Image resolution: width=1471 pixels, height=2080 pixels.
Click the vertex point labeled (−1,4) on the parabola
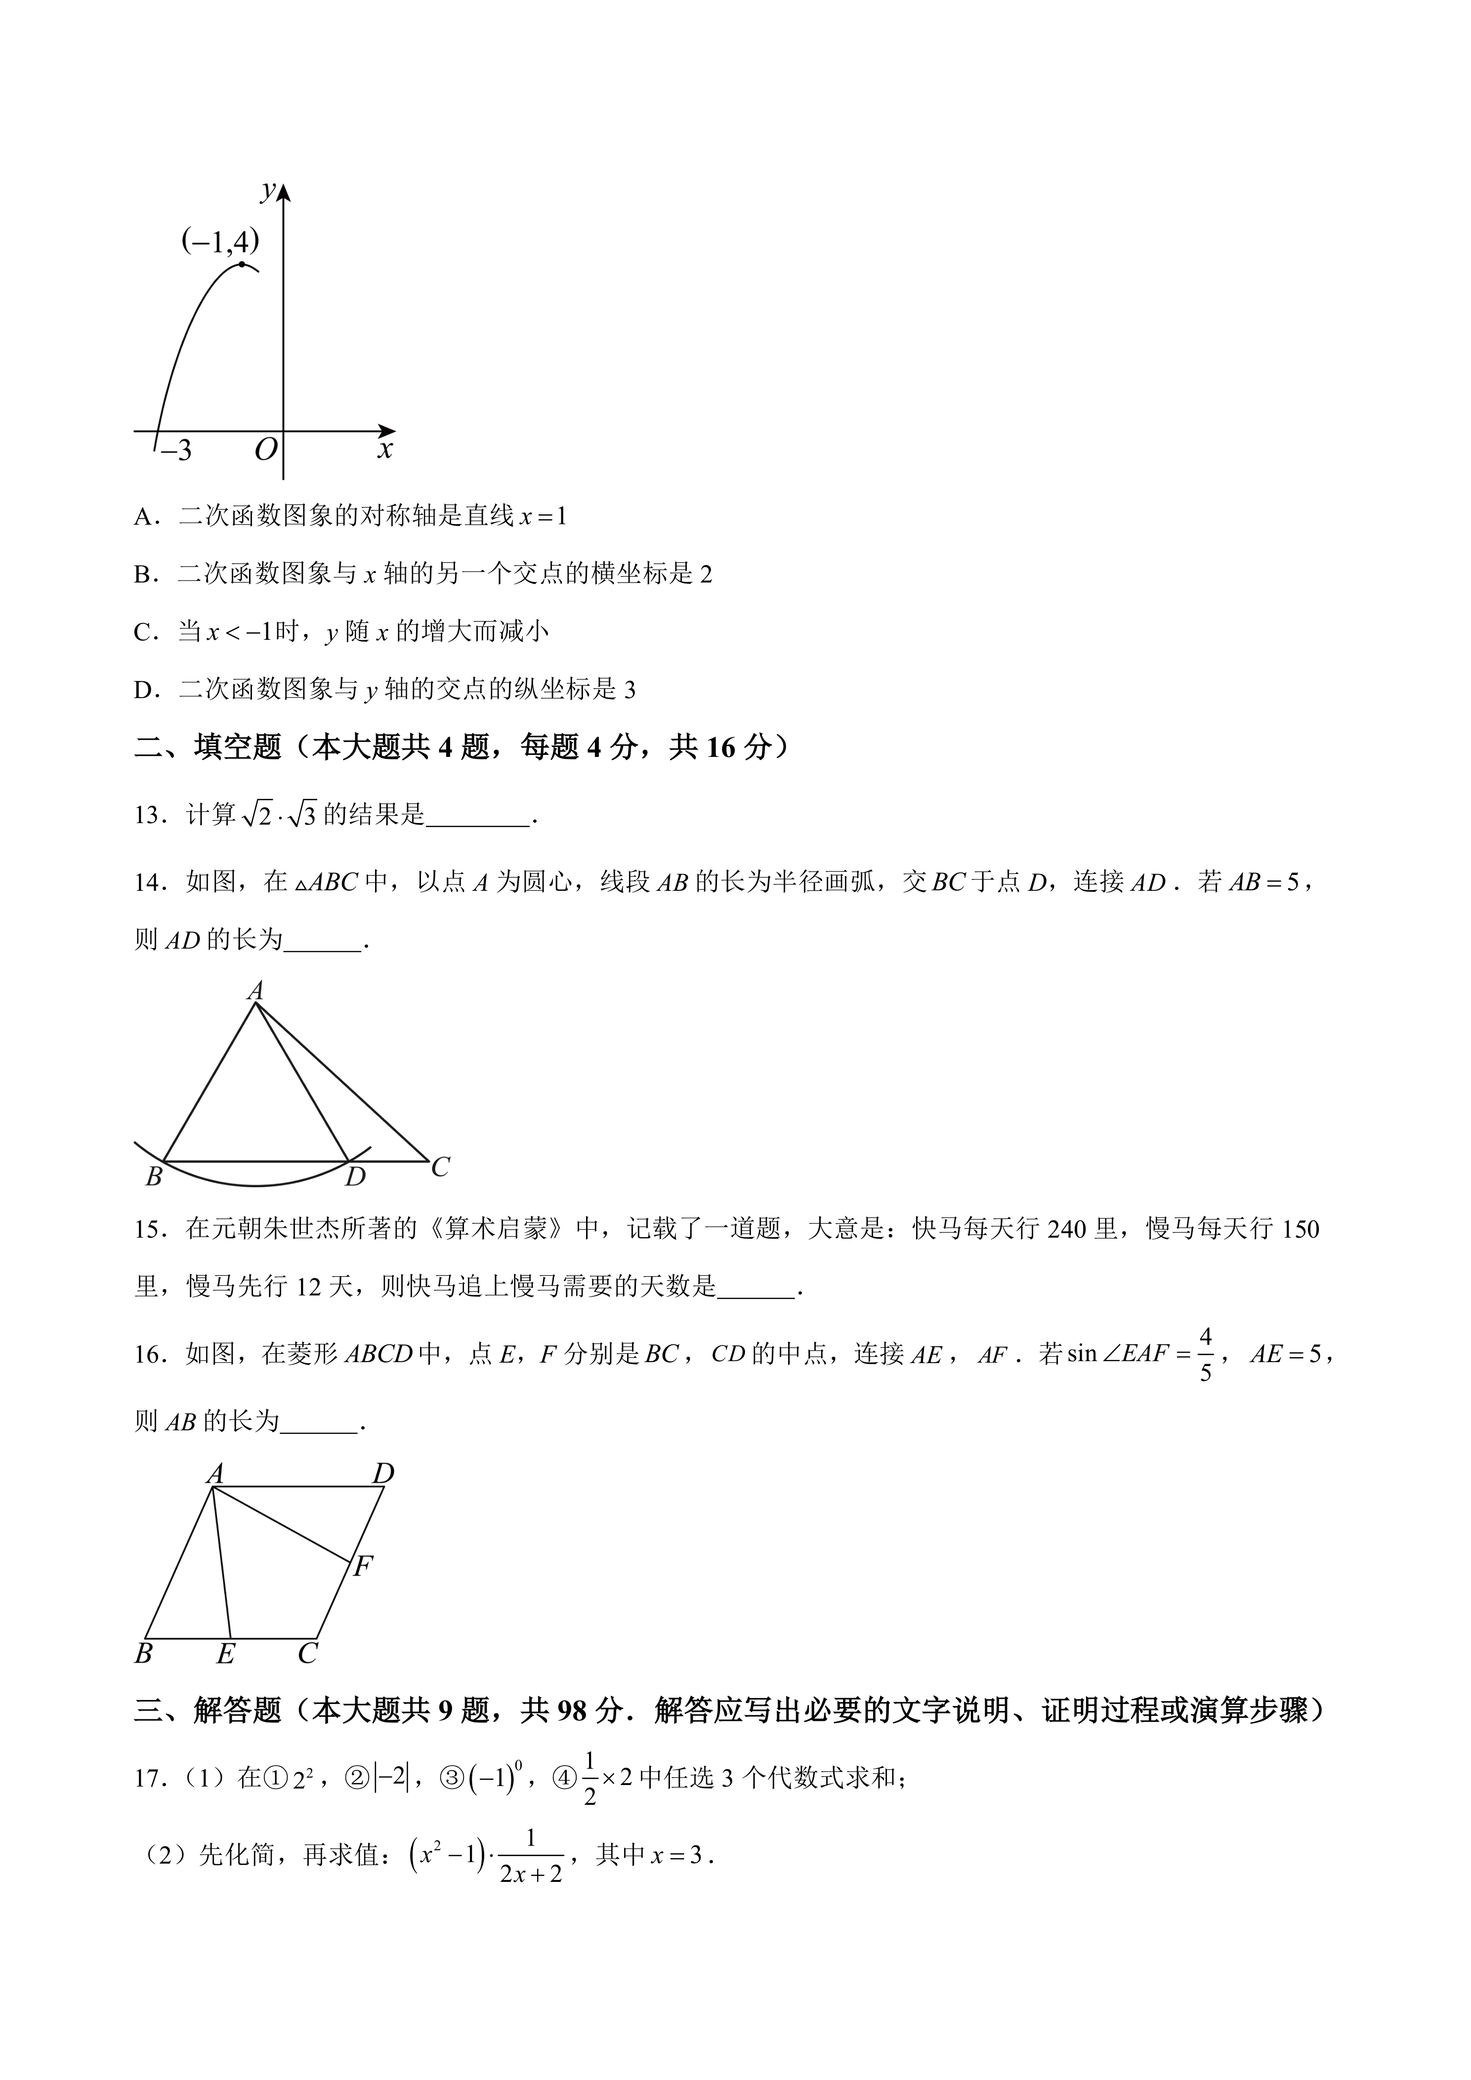click(241, 264)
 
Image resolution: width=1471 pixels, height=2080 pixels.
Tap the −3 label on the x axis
click(176, 450)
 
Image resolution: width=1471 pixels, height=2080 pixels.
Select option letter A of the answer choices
click(143, 517)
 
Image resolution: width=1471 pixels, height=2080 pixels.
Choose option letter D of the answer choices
click(143, 690)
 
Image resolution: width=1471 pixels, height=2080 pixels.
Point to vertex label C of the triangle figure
click(440, 1167)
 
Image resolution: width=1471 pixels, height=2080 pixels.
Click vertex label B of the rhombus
click(143, 1654)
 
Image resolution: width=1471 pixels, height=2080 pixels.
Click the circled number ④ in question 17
click(565, 1778)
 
